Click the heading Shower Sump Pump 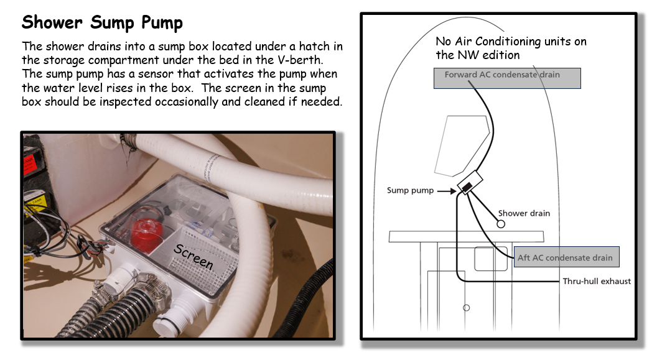[x=102, y=22]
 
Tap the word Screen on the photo [x=193, y=256]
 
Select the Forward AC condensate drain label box [x=507, y=78]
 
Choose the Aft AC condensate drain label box [x=566, y=257]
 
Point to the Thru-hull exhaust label [x=597, y=281]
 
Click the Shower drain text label [x=524, y=213]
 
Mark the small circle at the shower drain [x=501, y=224]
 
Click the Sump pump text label [x=410, y=190]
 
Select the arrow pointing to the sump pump [x=447, y=191]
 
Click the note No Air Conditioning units [x=511, y=48]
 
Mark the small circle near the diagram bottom [x=467, y=308]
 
